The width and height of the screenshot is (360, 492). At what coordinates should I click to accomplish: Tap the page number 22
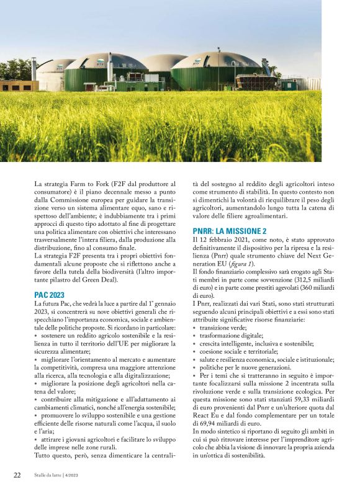coord(17,475)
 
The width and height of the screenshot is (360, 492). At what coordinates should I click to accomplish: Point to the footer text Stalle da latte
coord(53,475)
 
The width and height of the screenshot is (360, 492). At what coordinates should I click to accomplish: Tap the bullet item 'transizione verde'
coord(223,327)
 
